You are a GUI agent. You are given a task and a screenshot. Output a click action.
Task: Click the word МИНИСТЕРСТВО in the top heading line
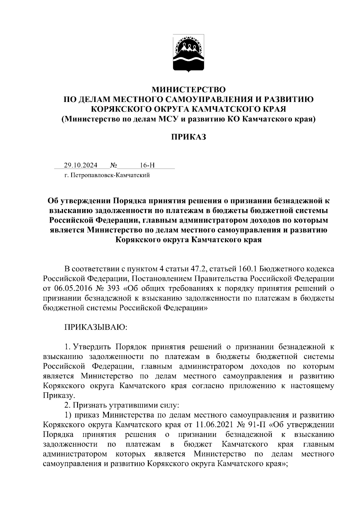[x=188, y=90]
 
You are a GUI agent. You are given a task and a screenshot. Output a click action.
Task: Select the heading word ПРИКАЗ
[x=188, y=137]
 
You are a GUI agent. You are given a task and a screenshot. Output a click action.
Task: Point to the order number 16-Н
[x=147, y=165]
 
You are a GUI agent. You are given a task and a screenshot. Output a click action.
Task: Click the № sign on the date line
[x=113, y=165]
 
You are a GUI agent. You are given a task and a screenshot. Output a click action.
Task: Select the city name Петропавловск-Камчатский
[x=109, y=175]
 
